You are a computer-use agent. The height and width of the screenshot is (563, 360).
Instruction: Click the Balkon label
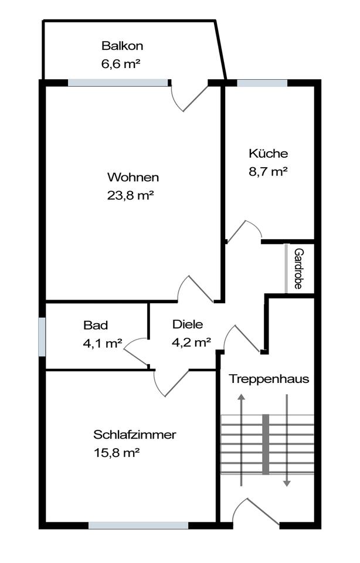pos(122,46)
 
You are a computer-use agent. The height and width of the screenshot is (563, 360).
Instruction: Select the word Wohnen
pos(133,177)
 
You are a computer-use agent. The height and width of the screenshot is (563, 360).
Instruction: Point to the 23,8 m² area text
pos(130,196)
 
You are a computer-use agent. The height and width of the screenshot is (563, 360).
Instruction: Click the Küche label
pos(269,154)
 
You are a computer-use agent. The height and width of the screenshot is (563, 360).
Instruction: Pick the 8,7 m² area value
pos(268,172)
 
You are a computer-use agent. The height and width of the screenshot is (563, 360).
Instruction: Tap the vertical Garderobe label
pos(298,269)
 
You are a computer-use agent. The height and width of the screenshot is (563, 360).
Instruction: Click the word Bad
pos(96,325)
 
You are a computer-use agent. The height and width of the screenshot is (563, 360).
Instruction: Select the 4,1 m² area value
pos(103,344)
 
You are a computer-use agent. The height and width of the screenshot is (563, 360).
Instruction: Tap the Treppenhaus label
pos(269,379)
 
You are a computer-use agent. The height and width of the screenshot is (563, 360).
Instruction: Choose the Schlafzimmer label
pos(135,435)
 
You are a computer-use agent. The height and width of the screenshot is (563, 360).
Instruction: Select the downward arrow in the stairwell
pos(287,440)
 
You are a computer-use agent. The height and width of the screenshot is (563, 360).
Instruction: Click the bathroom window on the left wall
pos(42,337)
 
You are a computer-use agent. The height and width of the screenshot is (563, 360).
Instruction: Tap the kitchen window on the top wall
pos(262,83)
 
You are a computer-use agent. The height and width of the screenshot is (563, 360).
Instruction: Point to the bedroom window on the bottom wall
pos(138,525)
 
